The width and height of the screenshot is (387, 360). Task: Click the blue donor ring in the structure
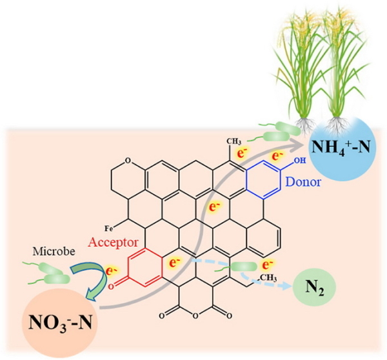(264, 173)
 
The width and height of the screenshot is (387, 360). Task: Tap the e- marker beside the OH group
(279, 155)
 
